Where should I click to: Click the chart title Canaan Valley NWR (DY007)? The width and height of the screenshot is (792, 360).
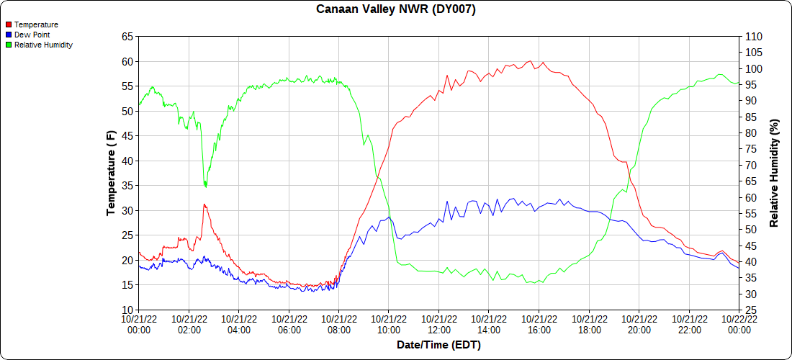(396, 9)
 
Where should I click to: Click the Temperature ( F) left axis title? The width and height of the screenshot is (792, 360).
(111, 173)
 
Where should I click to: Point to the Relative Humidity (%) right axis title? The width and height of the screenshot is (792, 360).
(774, 173)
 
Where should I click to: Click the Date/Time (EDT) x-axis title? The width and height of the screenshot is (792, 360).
(438, 345)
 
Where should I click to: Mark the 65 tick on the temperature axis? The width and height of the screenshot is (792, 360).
(127, 37)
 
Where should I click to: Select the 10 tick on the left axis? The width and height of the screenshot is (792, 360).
(127, 310)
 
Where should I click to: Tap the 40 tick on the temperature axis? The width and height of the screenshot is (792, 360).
(127, 161)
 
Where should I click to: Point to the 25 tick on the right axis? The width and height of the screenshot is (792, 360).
(749, 310)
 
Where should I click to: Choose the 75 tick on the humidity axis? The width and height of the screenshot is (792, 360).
(749, 148)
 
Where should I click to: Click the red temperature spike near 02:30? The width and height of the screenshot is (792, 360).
(204, 204)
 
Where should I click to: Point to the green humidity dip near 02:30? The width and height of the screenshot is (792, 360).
(205, 186)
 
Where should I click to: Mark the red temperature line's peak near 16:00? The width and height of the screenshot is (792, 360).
(530, 61)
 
